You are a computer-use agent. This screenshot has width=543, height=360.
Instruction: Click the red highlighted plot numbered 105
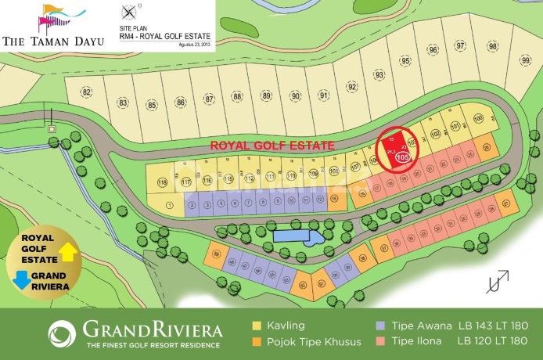(394, 147)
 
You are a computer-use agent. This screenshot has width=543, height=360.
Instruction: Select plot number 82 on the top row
(86, 93)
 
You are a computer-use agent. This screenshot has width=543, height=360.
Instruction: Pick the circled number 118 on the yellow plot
(162, 183)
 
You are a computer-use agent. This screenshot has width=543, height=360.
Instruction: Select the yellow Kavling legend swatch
(256, 326)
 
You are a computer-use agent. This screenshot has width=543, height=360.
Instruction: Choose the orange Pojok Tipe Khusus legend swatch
(256, 341)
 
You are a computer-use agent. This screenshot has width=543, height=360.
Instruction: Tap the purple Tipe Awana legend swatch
(379, 326)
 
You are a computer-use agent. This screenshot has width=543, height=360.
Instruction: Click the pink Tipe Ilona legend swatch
(379, 341)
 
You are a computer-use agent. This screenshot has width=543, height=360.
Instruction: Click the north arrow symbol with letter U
(495, 281)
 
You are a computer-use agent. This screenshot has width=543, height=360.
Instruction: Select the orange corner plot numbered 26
(487, 147)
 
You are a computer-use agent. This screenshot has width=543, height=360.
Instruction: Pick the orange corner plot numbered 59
(217, 252)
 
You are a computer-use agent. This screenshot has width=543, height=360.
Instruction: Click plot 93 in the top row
(379, 74)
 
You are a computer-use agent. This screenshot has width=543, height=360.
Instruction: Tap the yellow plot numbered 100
(478, 119)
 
